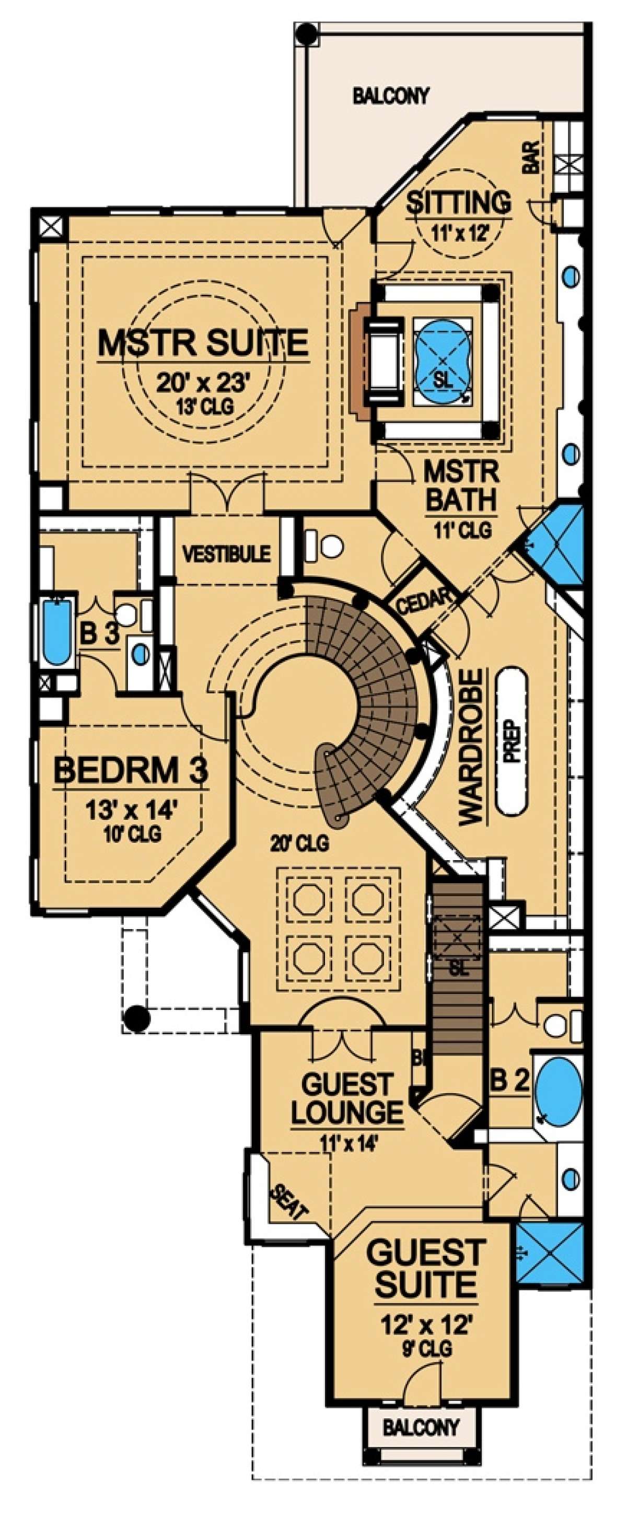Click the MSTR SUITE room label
(x=203, y=343)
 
